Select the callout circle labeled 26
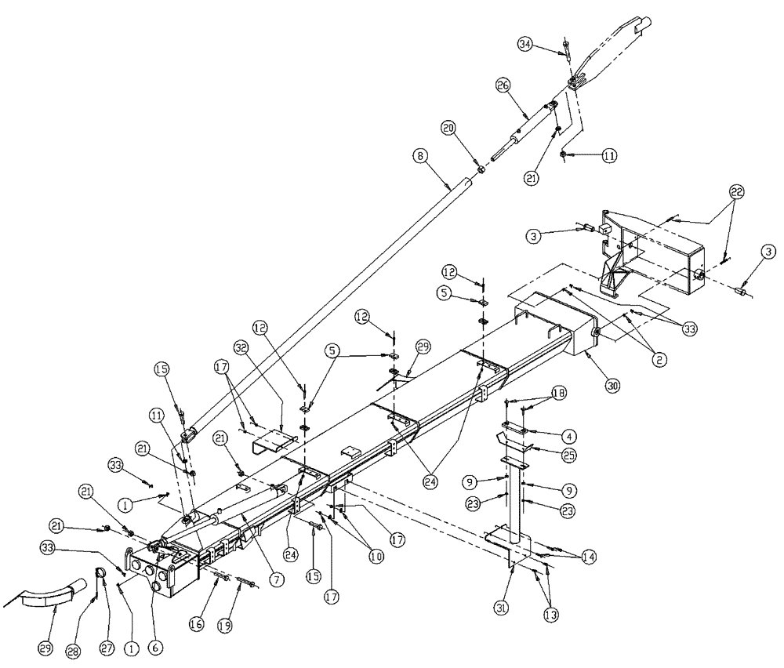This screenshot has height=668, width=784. tap(503, 84)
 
